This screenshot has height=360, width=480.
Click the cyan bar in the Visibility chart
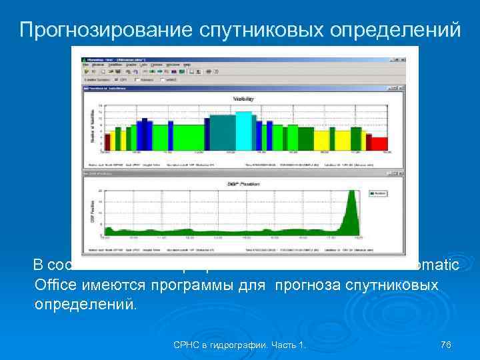(x=244, y=131)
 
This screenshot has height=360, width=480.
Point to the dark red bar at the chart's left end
(x=107, y=141)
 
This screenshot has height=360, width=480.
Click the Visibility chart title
(x=243, y=99)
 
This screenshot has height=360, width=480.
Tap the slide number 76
(x=446, y=344)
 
